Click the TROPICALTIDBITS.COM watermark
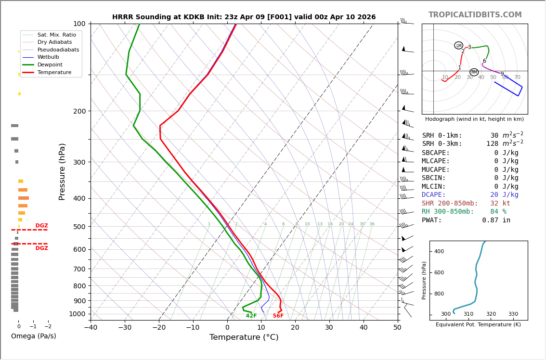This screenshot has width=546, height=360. pos(475,15)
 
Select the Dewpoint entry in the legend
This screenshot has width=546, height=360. pos(50,64)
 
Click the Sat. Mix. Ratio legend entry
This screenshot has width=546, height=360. pos(56,35)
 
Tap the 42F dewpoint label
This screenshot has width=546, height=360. pos(251,316)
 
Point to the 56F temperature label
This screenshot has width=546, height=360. pos(278,316)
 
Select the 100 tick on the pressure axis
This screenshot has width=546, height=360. pos(79,24)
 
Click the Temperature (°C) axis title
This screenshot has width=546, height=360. pos(244,337)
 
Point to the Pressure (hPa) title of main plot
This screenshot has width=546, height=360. pos(63,171)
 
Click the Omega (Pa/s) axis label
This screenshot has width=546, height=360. pos(33,336)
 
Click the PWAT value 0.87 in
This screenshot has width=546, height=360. pos(496,220)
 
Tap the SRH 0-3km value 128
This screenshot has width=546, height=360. pos(492,144)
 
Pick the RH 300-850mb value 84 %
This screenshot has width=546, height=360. pos(498,212)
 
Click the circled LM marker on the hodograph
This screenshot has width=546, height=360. pos(458,45)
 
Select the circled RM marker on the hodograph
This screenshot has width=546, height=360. pos(474,72)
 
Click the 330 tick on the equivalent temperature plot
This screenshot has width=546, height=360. pos(513,314)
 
